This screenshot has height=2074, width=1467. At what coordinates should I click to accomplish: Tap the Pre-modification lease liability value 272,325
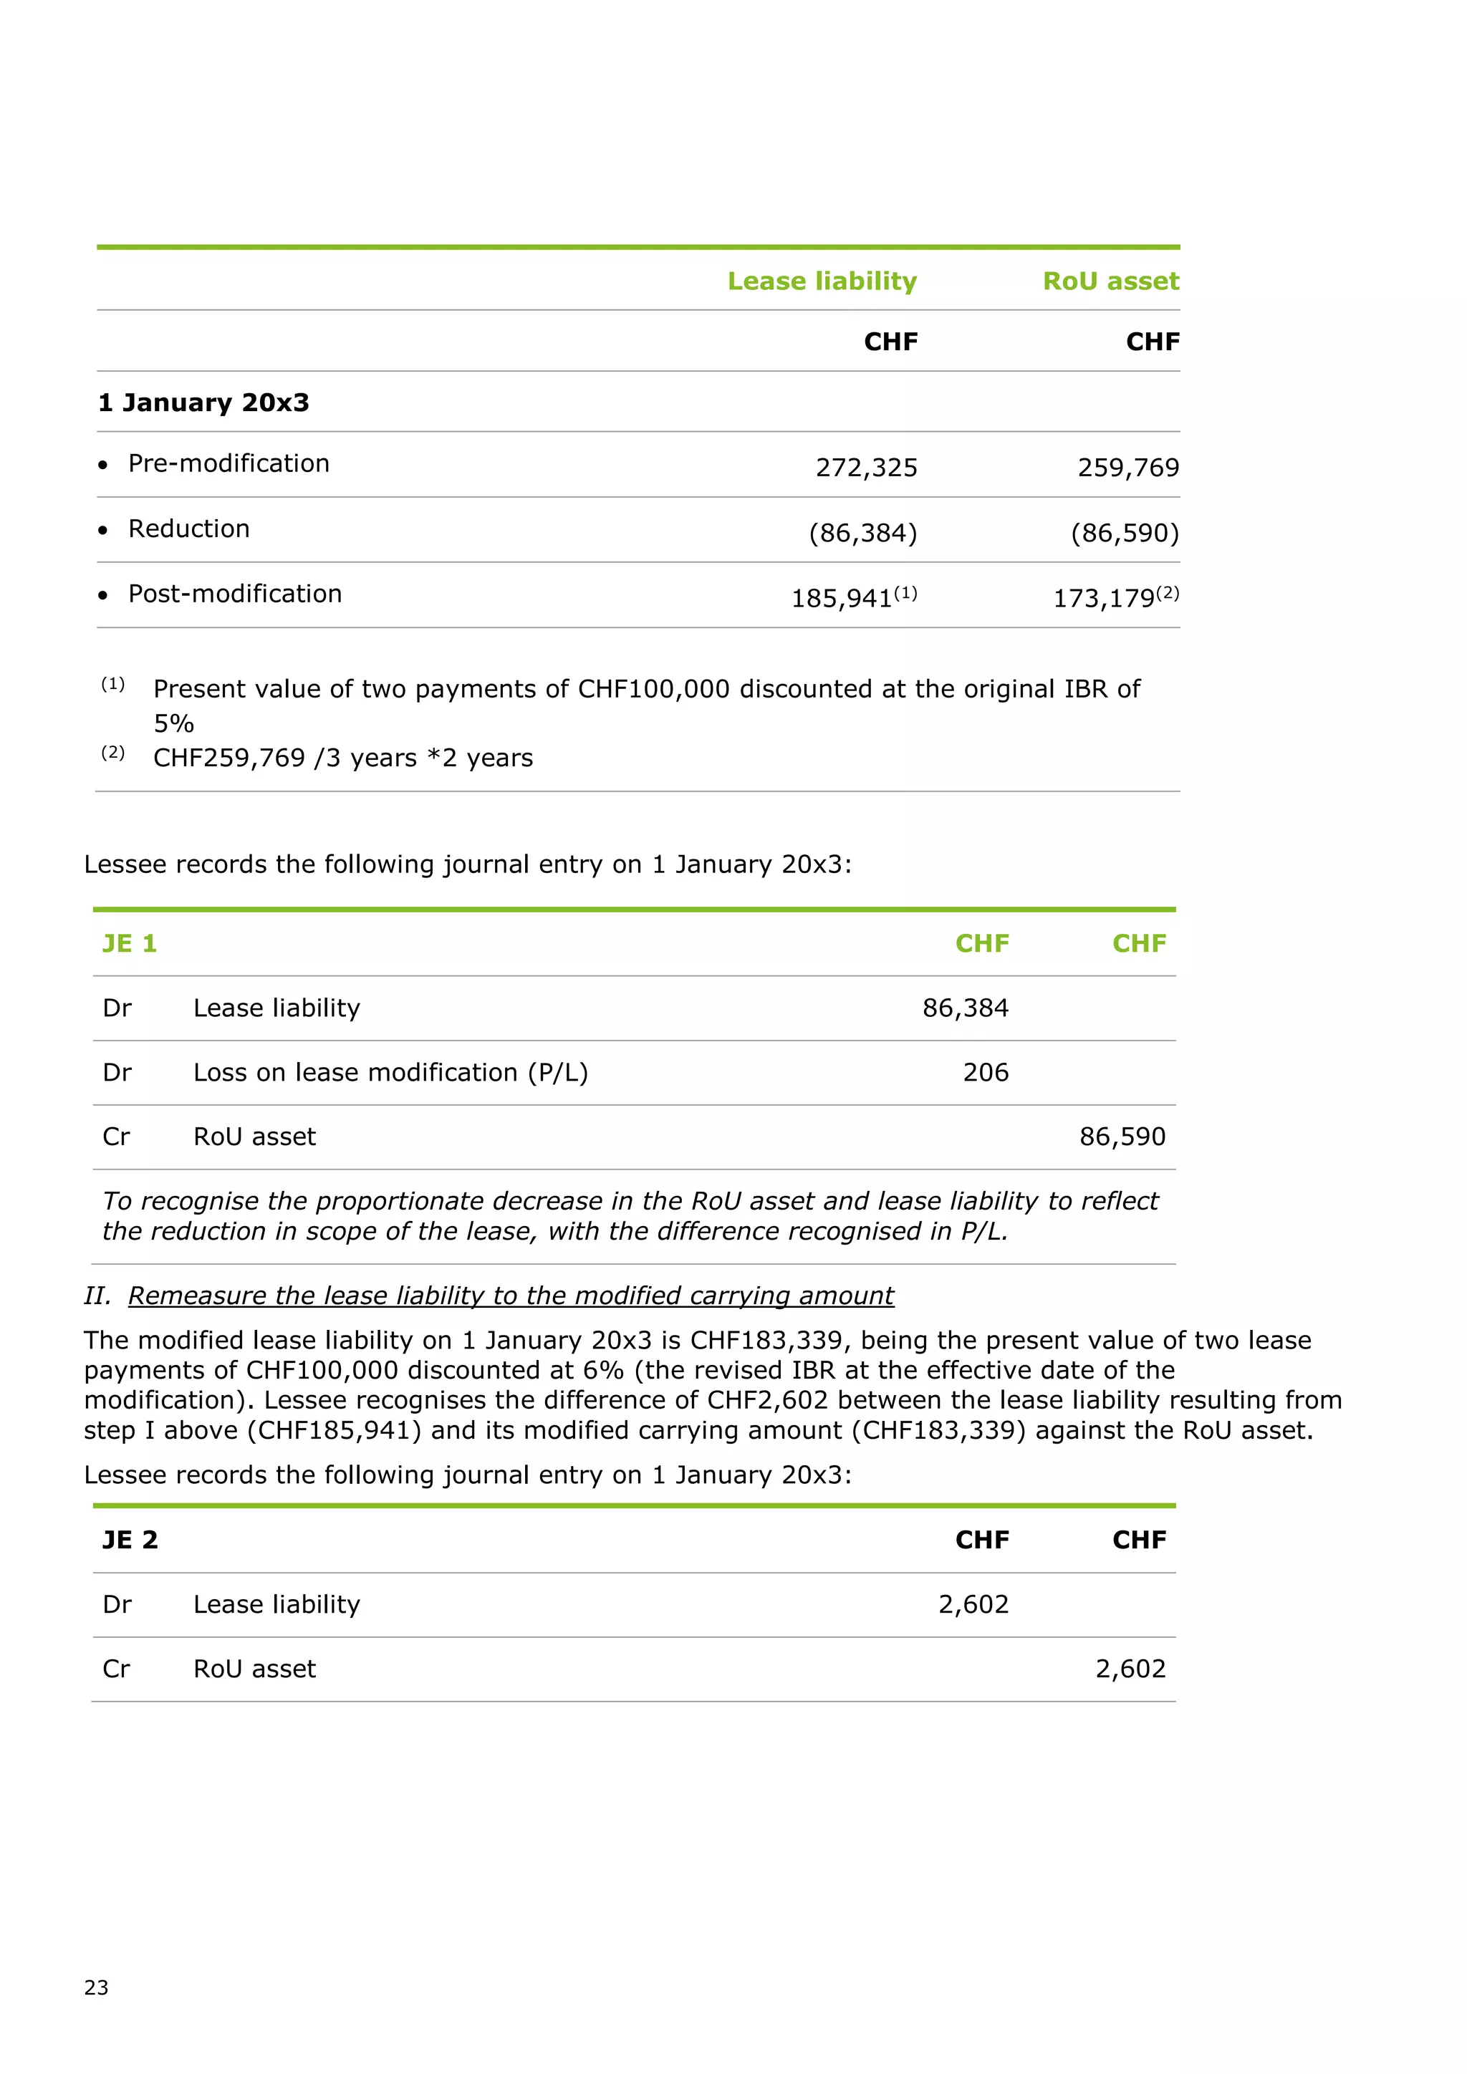click(865, 467)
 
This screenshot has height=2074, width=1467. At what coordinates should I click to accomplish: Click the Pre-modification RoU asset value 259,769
click(1127, 467)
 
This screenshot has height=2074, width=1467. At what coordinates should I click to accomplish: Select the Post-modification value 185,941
click(842, 598)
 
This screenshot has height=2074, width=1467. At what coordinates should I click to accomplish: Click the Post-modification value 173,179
click(1104, 598)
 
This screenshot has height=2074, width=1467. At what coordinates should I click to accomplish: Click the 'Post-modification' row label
click(235, 594)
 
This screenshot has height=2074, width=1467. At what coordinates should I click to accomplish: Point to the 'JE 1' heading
click(129, 943)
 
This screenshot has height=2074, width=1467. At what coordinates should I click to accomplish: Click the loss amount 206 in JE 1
click(985, 1072)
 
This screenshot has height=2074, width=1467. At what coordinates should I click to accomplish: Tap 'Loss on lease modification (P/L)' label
click(390, 1072)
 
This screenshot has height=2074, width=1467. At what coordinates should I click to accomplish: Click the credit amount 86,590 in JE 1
click(1122, 1137)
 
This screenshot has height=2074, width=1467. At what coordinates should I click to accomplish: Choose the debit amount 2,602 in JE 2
click(973, 1604)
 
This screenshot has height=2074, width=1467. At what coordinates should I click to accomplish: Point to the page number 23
click(96, 1987)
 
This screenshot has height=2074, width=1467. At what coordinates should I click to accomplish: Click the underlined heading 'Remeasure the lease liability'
click(511, 1296)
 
